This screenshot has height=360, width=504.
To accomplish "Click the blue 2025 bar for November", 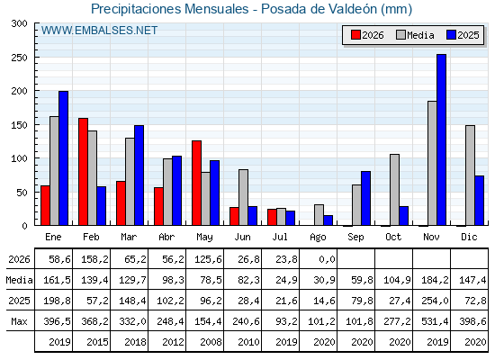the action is coord(441,139).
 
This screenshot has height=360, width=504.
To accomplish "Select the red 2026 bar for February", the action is coord(83,172).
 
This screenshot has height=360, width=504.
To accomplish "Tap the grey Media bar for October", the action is coord(394,190).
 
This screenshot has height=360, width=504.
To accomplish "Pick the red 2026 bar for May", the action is coord(196,183).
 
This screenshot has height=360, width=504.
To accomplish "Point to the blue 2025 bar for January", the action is coord(63,158).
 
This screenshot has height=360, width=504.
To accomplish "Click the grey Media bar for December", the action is coord(470,175).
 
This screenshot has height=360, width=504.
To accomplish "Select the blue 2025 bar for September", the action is coord(365,198).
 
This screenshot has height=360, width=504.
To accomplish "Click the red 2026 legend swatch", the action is coord(355,35).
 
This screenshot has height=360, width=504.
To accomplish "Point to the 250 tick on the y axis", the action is coord(20,58).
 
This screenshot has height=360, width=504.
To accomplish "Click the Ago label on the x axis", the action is coord(318,238).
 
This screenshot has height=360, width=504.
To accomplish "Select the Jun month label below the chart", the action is coord(242,238).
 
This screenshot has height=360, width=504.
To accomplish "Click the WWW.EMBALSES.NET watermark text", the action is coord(99,31).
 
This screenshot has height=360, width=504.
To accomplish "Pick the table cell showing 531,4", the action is coord(435,321).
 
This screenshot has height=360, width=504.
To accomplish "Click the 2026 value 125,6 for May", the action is coord(208,259).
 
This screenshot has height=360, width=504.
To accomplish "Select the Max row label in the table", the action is coord(19,321).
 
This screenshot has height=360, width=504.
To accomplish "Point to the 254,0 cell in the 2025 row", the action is coord(435,301).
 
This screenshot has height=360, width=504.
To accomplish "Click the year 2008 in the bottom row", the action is coord(211,342).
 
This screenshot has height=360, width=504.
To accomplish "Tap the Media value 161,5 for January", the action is coord(57,280).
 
